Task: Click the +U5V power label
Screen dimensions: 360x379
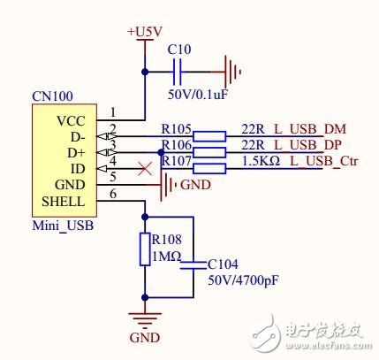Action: click(x=144, y=32)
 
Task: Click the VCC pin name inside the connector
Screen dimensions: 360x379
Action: click(x=71, y=119)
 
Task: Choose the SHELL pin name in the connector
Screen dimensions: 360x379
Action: click(x=64, y=201)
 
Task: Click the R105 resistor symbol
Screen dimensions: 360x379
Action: click(x=209, y=135)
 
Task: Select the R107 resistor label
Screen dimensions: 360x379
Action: click(x=176, y=160)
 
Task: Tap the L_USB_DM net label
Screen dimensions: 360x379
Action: click(x=292, y=129)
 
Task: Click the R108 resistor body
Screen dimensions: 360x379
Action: click(x=146, y=249)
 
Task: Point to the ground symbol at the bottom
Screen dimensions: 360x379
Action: click(x=146, y=320)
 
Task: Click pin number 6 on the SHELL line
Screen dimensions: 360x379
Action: click(x=113, y=194)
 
